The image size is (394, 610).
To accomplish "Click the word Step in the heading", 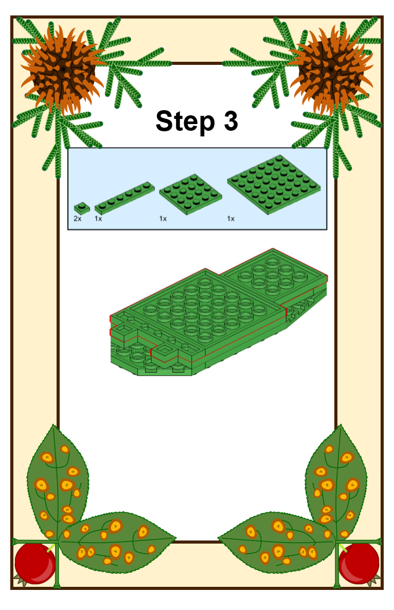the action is pyautogui.click(x=185, y=122).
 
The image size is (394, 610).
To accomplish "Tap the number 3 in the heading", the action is pyautogui.click(x=231, y=120).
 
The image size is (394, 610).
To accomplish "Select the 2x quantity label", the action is pyautogui.click(x=78, y=219).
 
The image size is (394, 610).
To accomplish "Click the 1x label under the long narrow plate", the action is pyautogui.click(x=98, y=219).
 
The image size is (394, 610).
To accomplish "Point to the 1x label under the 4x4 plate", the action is pyautogui.click(x=163, y=219).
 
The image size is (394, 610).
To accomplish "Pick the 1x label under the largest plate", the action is pyautogui.click(x=231, y=219).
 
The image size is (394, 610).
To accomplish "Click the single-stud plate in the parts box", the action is pyautogui.click(x=82, y=208).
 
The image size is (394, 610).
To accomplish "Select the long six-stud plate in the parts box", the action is pyautogui.click(x=124, y=198).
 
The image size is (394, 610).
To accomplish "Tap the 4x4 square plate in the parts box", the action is pyautogui.click(x=190, y=194).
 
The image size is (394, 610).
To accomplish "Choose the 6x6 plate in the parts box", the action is pyautogui.click(x=274, y=184).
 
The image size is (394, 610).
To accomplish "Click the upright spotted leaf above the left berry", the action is pyautogui.click(x=58, y=482).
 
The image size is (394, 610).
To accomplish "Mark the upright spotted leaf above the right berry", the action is pyautogui.click(x=336, y=482).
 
